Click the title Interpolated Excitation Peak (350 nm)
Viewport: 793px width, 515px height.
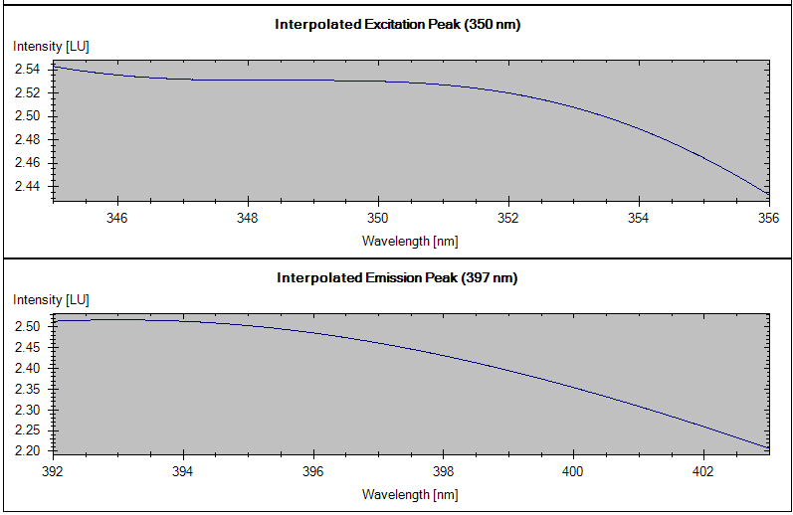click(397, 25)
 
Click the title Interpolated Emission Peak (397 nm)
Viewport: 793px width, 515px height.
click(397, 278)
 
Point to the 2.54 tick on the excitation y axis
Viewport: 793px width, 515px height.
click(28, 70)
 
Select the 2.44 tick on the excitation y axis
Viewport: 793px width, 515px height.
click(28, 186)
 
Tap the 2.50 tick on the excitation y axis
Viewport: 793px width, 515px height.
click(28, 116)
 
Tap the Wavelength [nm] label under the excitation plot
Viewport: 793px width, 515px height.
click(410, 241)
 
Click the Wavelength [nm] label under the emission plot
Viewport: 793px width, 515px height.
click(410, 494)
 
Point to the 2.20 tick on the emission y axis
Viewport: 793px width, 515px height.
click(28, 451)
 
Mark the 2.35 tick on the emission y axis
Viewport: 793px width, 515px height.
click(28, 389)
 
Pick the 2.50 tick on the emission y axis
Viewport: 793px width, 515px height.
click(28, 326)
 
